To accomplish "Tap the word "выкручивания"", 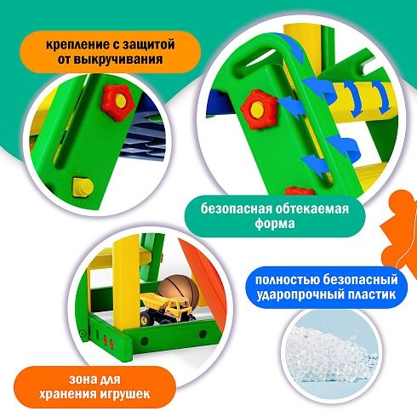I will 120,60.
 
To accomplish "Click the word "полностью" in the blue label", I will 283,281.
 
